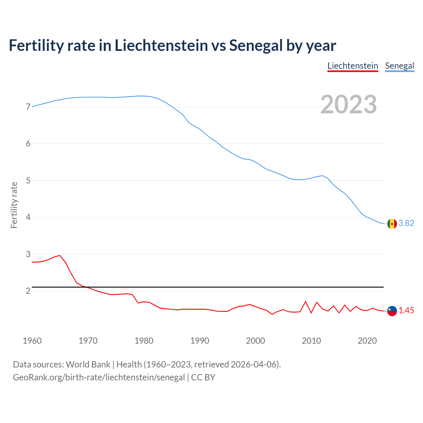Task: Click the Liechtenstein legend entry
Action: pyautogui.click(x=353, y=66)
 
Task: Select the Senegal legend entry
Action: pyautogui.click(x=400, y=66)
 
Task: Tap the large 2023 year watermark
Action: pyautogui.click(x=349, y=104)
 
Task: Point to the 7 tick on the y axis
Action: pyautogui.click(x=28, y=107)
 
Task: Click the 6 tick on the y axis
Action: pyautogui.click(x=28, y=143)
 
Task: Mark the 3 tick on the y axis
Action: pyautogui.click(x=28, y=254)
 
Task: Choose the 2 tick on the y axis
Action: pyautogui.click(x=28, y=291)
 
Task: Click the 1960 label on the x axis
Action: pyautogui.click(x=32, y=341)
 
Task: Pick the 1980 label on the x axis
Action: pyautogui.click(x=144, y=341)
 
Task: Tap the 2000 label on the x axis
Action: pyautogui.click(x=255, y=341)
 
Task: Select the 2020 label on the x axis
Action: pyautogui.click(x=367, y=341)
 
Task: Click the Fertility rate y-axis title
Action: pyautogui.click(x=14, y=205)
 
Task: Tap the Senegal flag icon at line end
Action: pyautogui.click(x=392, y=224)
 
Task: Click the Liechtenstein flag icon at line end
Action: pyautogui.click(x=392, y=311)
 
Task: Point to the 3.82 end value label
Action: pyautogui.click(x=406, y=223)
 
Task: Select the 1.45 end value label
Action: pyautogui.click(x=406, y=311)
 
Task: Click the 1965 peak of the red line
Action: pyautogui.click(x=60, y=255)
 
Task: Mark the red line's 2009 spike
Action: pyautogui.click(x=306, y=301)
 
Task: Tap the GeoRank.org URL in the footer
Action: pyautogui.click(x=99, y=377)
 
